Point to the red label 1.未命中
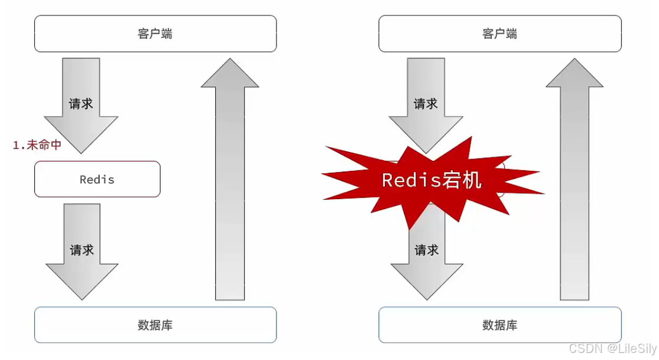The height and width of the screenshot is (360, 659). tap(37, 145)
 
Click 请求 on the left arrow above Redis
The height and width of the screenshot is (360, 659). tap(81, 104)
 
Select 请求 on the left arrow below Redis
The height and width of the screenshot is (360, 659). tap(82, 250)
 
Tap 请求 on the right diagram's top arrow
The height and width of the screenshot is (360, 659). tap(426, 104)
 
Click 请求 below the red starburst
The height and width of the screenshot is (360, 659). tap(427, 250)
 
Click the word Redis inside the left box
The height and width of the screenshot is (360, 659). tap(97, 179)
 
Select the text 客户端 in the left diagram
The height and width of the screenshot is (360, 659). tap(155, 34)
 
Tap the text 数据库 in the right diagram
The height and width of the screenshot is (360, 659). tap(500, 325)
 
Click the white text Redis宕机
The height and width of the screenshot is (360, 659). tap(431, 180)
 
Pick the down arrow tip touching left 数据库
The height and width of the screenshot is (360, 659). tap(82, 298)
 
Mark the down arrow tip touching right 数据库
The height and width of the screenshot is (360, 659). tap(427, 298)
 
